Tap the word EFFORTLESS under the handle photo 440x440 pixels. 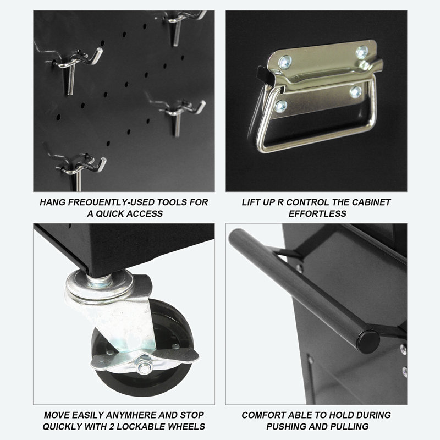coord(317,213)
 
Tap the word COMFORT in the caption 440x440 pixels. coord(263,415)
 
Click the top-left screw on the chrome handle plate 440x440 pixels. coord(285,62)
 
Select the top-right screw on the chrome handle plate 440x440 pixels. coord(362,52)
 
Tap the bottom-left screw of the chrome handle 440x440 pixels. coord(281,106)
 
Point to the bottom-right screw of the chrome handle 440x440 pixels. coord(355,92)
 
